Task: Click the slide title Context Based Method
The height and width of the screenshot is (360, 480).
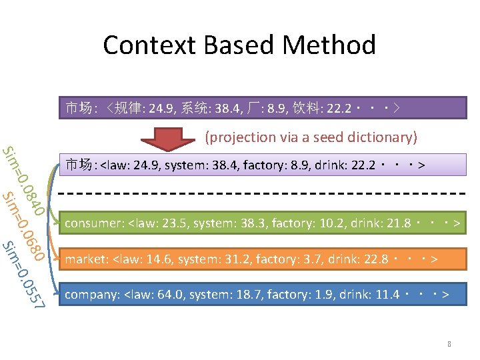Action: coord(239,45)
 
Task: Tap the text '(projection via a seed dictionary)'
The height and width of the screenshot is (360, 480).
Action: coord(311,137)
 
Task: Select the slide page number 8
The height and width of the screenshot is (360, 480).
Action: coord(449,345)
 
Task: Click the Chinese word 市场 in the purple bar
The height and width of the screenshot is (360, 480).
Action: coord(78,107)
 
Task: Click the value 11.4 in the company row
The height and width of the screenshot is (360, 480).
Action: coord(387,294)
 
